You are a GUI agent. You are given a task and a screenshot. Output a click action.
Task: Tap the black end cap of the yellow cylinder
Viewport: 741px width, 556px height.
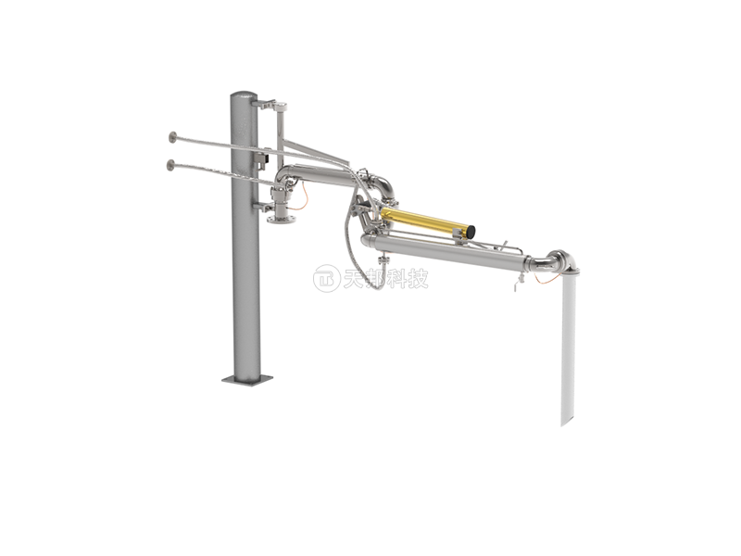coord(471,232)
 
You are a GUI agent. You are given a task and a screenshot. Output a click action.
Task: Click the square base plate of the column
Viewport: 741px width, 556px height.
coord(247,379)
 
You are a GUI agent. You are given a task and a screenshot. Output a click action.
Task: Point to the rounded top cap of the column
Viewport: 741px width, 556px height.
coord(245,95)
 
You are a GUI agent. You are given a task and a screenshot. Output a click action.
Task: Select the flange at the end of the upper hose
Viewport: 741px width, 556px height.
coord(172,137)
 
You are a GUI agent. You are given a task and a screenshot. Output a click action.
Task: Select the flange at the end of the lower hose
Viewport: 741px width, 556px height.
coord(170,165)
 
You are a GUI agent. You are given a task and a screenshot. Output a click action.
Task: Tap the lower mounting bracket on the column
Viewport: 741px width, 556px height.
coord(263,206)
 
